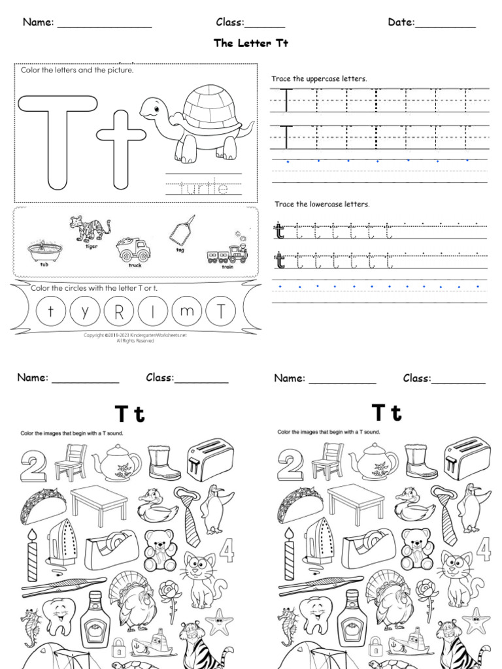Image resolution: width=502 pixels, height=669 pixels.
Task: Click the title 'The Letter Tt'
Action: [x=251, y=43]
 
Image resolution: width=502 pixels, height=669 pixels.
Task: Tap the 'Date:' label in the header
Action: [x=401, y=23]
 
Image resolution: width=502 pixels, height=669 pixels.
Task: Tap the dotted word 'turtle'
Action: [x=203, y=189]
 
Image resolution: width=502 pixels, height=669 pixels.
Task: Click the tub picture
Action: [x=44, y=250]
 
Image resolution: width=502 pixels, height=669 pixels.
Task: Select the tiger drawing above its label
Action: [x=90, y=229]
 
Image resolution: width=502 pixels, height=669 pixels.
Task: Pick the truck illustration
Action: [x=131, y=249]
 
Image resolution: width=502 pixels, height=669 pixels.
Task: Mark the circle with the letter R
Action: [x=118, y=312]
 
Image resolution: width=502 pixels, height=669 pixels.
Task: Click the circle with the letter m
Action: [x=187, y=312]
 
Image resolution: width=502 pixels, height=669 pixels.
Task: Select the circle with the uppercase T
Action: [x=221, y=312]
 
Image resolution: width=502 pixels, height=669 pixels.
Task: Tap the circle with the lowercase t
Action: [x=51, y=312]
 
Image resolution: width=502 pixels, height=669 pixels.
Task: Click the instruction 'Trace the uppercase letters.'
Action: [x=319, y=79]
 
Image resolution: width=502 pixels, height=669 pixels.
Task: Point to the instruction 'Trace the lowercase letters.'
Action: [x=322, y=204]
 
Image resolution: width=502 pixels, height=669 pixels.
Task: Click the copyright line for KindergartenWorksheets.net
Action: [x=135, y=336]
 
